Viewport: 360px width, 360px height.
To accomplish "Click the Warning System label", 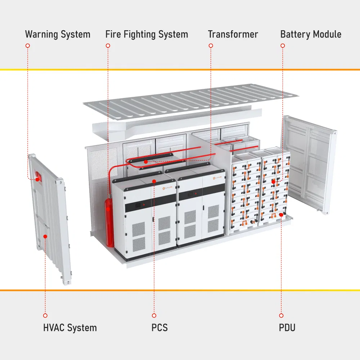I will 58,35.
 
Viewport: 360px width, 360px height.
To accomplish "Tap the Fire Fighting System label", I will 147,35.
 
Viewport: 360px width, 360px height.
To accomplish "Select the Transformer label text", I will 233,35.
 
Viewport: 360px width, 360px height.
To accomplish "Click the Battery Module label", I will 311,35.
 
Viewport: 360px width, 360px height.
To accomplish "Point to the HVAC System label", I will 70,328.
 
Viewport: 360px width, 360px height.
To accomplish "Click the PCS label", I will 159,328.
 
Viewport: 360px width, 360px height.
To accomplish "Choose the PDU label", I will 287,328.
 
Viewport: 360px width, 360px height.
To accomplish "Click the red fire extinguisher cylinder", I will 109,223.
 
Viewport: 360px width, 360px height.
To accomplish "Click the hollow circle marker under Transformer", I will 211,46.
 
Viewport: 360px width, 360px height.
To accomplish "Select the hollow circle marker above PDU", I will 281,315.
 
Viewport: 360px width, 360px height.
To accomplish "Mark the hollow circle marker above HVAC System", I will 45,315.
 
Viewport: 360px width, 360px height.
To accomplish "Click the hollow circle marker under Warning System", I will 28,46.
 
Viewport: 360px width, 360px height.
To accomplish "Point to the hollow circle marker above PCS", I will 154,315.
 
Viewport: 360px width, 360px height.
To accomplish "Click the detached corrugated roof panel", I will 191,101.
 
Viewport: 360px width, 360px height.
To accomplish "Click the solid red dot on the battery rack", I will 273,182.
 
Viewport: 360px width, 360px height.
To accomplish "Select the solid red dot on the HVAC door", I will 45,237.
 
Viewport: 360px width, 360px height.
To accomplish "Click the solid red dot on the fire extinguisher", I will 108,209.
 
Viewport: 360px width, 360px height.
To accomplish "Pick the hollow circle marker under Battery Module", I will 283,46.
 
